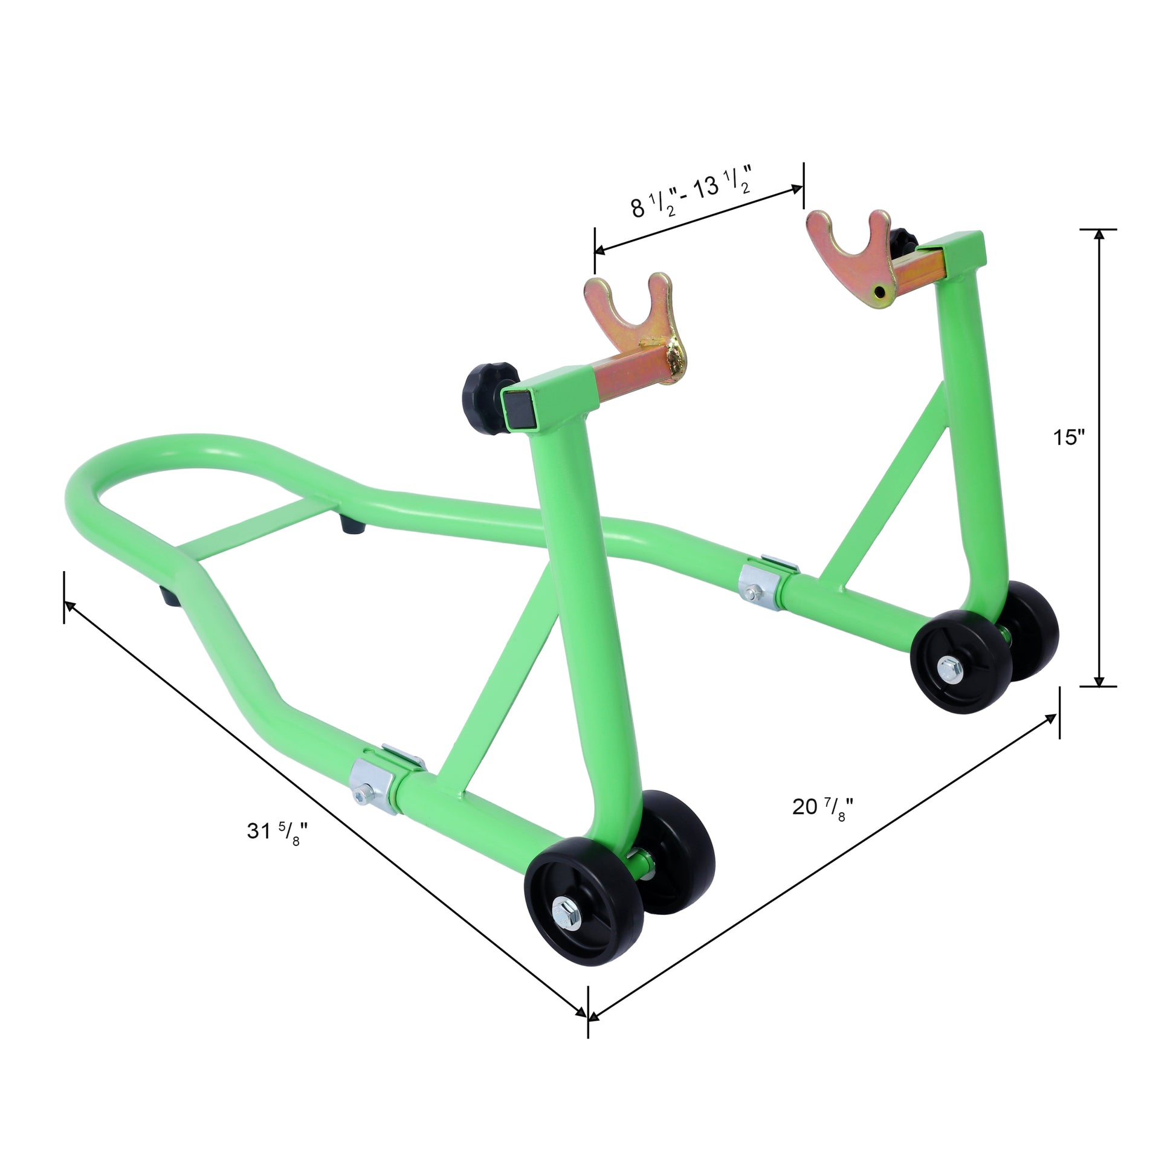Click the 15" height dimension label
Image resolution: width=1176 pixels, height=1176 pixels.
1070,437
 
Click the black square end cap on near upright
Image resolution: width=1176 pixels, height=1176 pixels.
517,409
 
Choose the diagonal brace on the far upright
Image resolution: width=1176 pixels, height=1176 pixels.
895,487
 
